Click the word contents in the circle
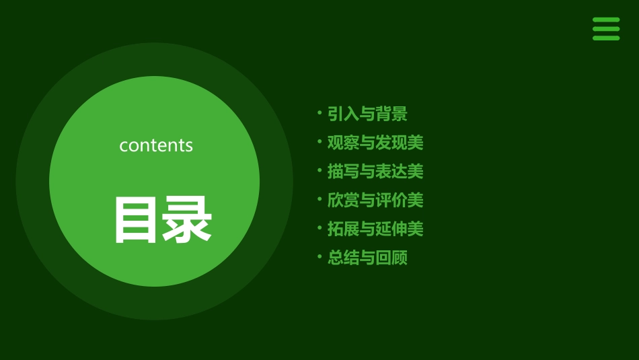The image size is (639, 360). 156,145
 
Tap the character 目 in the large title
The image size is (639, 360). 136,220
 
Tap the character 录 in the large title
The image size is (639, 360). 186,220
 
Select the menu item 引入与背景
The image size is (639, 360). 367,114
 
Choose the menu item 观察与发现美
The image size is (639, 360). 375,143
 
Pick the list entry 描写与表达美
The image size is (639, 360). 375,172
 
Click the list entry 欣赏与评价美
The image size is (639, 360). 375,200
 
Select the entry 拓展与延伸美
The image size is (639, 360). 375,229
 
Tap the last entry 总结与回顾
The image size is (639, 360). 367,258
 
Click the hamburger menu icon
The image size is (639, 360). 606,29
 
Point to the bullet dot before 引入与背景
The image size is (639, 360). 319,112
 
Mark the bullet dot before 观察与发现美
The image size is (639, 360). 319,141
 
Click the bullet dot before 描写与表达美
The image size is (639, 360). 319,170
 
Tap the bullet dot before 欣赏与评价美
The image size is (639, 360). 319,199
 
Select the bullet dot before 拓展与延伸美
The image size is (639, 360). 319,227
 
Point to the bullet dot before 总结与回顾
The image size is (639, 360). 319,256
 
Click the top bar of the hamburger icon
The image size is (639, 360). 606,20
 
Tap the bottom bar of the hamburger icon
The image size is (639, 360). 606,38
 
